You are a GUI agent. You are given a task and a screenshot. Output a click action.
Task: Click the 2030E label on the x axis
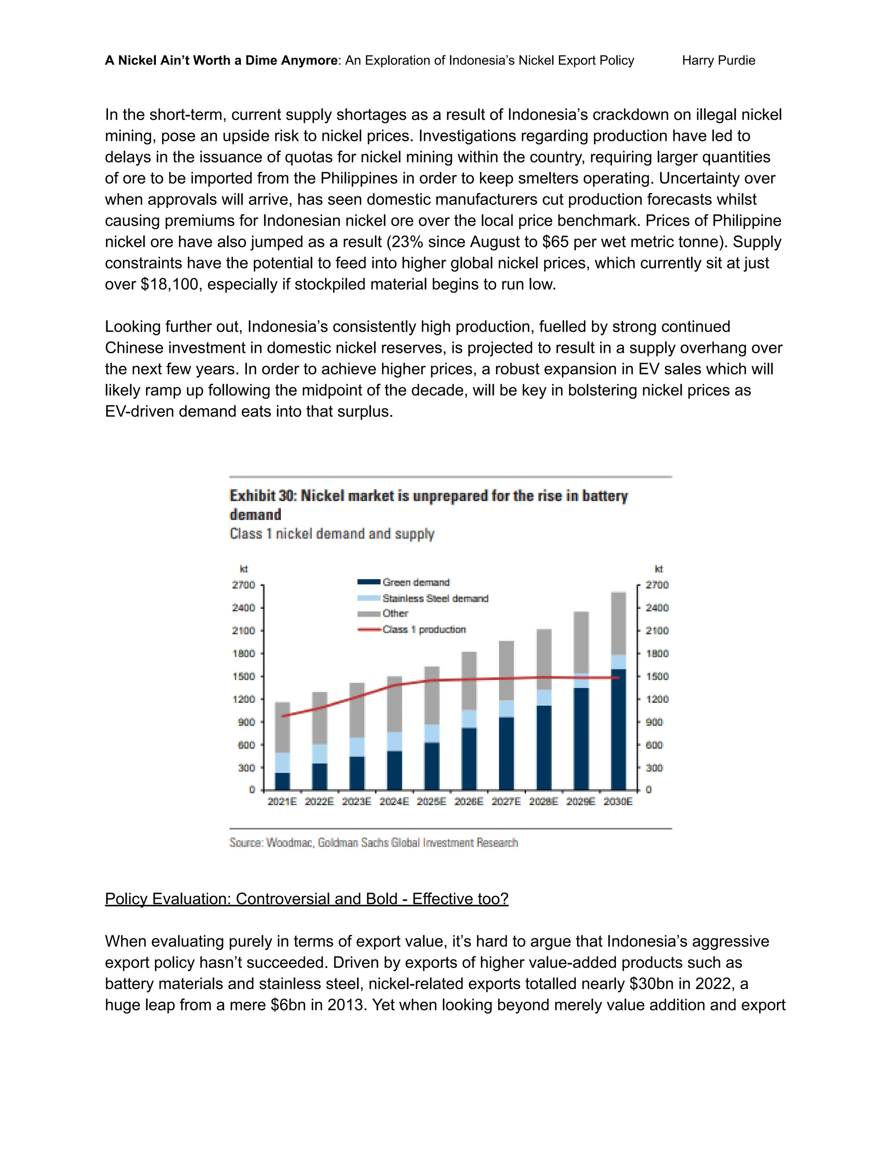click(x=618, y=802)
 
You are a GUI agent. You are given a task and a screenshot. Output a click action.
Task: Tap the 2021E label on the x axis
click(x=282, y=802)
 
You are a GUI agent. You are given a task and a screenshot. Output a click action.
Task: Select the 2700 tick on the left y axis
click(x=243, y=585)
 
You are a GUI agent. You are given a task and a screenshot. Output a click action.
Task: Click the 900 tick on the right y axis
click(x=654, y=722)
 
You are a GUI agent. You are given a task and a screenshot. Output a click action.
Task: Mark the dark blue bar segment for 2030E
click(x=618, y=729)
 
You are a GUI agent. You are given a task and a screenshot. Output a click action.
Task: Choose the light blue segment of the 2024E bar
click(x=394, y=741)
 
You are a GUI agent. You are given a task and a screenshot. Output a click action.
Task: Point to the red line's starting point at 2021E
click(x=283, y=716)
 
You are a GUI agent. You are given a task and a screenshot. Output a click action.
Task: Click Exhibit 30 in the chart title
click(x=261, y=496)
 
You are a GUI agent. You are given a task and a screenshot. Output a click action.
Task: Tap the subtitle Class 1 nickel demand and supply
click(x=332, y=534)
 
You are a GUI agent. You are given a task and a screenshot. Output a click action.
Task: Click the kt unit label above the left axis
click(x=243, y=569)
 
